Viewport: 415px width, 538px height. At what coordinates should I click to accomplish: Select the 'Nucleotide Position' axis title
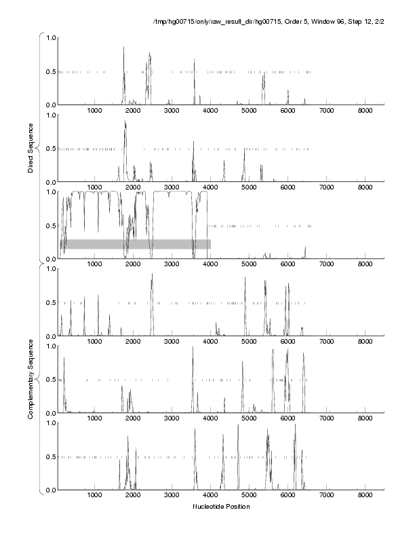pos(221,507)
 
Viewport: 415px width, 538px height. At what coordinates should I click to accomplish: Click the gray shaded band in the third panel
pos(136,244)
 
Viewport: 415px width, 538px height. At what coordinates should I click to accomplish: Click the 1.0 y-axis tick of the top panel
pos(50,38)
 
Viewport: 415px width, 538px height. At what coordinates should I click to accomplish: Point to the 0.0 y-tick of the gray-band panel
pos(50,259)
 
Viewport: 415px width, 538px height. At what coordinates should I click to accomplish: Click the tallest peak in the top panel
pos(123,48)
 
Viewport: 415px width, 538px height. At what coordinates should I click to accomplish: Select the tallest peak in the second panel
pos(125,122)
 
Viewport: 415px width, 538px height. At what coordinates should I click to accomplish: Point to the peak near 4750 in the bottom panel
pos(238,425)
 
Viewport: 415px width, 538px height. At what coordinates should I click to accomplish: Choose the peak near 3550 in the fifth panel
pos(193,348)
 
